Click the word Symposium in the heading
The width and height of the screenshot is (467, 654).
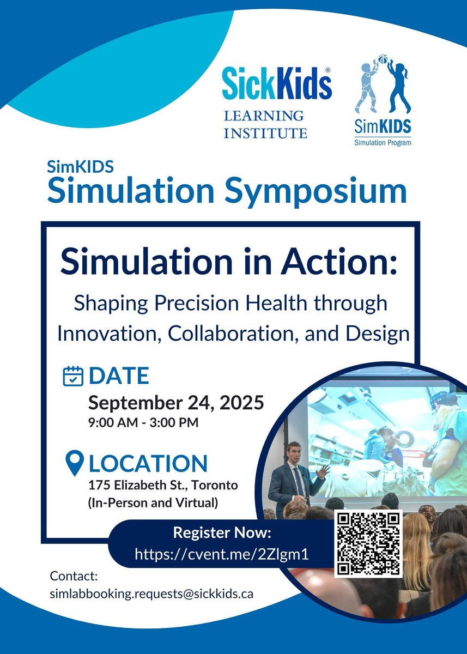311,190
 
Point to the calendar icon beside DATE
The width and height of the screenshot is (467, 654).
73,376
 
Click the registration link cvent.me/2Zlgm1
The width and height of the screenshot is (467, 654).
222,554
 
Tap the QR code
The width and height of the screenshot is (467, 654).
368,543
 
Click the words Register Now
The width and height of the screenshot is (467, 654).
222,532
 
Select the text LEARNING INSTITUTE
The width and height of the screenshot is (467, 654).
265,124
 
